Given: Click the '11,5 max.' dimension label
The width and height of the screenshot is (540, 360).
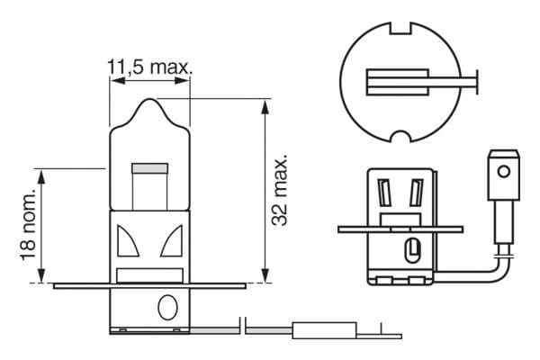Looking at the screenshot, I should tap(149, 67).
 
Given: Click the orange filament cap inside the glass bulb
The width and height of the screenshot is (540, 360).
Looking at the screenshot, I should tap(149, 168).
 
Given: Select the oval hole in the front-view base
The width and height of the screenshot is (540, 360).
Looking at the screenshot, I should tap(167, 307).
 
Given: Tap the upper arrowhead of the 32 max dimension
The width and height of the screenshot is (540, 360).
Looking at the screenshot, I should tap(264, 106).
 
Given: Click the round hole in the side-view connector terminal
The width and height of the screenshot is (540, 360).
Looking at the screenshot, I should tap(505, 170).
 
